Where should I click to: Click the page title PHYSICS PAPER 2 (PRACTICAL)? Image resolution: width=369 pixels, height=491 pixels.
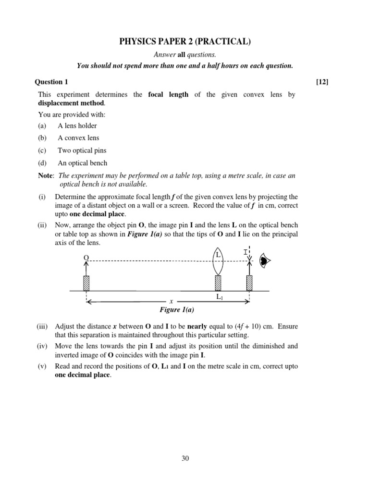point(185,43)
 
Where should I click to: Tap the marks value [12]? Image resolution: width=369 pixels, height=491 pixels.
point(322,82)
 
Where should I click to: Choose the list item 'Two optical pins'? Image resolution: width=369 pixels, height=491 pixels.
point(82,151)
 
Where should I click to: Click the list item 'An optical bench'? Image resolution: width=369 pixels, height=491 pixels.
point(82,163)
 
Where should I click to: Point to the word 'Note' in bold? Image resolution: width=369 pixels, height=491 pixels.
point(46,175)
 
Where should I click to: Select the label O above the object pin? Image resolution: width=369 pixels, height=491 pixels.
point(86,257)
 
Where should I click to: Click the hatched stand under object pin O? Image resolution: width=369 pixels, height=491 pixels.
point(86,283)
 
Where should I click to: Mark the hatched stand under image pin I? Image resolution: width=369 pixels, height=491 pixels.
point(249,283)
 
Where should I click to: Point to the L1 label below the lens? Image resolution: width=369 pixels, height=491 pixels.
point(219,297)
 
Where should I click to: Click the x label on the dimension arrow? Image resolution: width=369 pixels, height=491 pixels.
point(171,301)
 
